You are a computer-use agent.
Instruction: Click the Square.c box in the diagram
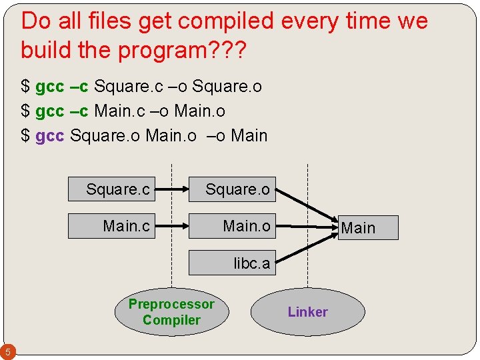click(111, 190)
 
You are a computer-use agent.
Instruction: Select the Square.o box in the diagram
click(232, 190)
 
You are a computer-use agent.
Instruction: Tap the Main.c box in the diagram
click(111, 226)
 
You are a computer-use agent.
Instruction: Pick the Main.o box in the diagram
click(232, 226)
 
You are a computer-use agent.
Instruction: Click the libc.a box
click(232, 263)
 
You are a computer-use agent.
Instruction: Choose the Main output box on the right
click(366, 227)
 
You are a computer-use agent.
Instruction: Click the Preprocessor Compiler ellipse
click(171, 312)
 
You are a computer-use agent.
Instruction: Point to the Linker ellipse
click(307, 312)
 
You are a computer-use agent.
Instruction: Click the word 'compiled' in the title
click(229, 21)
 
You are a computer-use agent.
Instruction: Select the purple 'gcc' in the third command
click(49, 136)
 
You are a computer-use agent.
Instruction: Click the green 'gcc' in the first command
click(49, 87)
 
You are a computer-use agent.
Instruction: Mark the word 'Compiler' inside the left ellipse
click(171, 320)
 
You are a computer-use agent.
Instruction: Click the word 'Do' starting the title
click(35, 21)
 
